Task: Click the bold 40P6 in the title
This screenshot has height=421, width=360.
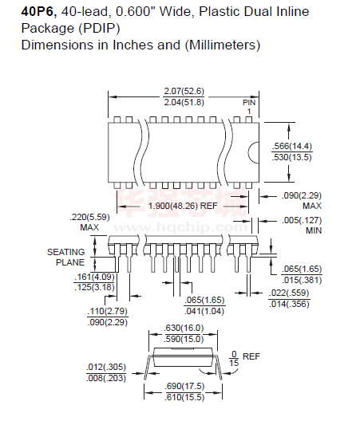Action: [x=38, y=11]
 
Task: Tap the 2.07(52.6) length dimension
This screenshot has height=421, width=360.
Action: [x=184, y=91]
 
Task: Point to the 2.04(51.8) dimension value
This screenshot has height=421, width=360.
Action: [x=184, y=102]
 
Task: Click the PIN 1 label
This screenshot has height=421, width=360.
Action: [x=249, y=107]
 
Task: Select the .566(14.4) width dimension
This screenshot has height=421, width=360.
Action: [x=291, y=147]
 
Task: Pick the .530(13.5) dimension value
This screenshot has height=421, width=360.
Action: [x=291, y=157]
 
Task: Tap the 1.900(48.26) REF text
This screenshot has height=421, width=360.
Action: [x=183, y=206]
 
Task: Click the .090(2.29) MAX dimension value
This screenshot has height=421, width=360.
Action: [x=302, y=201]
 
